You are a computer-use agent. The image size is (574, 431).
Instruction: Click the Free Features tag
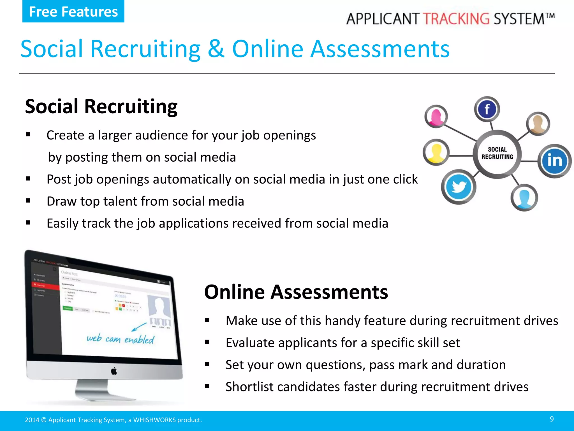coord(73,12)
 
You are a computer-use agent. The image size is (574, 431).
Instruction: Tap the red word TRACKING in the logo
coord(456,19)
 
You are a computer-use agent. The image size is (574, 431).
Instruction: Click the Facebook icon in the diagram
coord(487,109)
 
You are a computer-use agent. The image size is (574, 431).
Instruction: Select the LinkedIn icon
coord(554,161)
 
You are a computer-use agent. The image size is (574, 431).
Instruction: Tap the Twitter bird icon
coord(459,187)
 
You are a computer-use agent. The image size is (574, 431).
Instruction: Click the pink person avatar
coord(436,116)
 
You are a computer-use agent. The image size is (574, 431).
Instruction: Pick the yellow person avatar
coord(436,152)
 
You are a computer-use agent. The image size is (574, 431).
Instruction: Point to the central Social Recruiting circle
coord(497,153)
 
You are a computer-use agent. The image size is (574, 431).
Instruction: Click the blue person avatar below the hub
coord(524,198)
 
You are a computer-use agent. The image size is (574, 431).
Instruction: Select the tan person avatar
coord(538,123)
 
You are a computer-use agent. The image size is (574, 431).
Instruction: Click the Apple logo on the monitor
coord(114,371)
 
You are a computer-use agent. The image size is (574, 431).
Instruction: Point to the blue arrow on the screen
coord(139,327)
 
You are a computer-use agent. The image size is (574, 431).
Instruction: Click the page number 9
coord(552,419)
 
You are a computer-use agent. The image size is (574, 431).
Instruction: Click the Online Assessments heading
coord(296,292)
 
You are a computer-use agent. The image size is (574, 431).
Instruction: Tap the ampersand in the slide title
coord(216,49)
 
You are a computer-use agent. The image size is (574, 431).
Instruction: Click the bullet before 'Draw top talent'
coord(28,201)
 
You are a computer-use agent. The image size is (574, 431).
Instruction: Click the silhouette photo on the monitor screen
coord(159,307)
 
